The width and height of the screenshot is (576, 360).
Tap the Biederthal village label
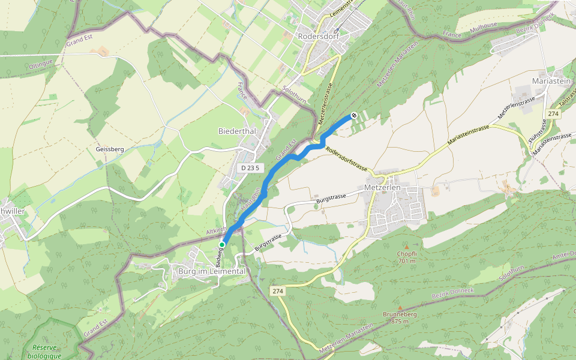[x=237, y=131]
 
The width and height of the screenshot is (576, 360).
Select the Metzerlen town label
[x=382, y=188]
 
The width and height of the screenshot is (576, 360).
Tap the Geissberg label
[x=109, y=149]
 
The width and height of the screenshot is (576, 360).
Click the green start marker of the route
[x=222, y=245]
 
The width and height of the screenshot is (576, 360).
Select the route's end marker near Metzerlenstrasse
[x=354, y=115]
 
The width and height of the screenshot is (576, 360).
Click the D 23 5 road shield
[x=250, y=168]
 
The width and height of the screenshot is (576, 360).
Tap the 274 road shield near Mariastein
[x=553, y=113]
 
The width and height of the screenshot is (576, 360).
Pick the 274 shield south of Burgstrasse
[x=277, y=291]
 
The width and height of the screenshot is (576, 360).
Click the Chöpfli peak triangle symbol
[x=406, y=247]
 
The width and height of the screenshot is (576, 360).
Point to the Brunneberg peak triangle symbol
[x=400, y=308]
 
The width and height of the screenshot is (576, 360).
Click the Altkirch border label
[x=215, y=230]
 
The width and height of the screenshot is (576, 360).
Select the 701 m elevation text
[x=407, y=261]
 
